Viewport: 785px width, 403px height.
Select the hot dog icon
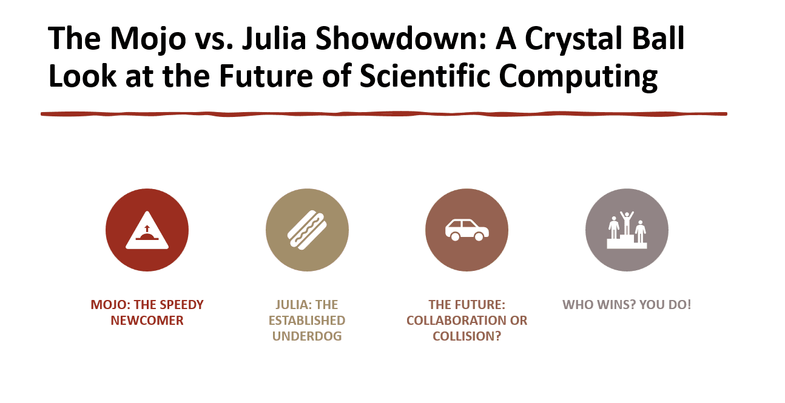(307, 230)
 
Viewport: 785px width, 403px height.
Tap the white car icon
(467, 230)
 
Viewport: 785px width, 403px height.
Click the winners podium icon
(627, 230)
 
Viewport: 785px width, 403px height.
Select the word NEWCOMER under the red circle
(147, 321)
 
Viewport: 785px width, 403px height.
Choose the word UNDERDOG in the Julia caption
(307, 336)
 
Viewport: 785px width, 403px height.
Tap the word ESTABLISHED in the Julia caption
(307, 321)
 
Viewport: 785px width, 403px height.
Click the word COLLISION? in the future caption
(467, 336)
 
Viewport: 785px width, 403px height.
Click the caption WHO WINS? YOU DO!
(627, 304)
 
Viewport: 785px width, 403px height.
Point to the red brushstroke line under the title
(383, 113)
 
